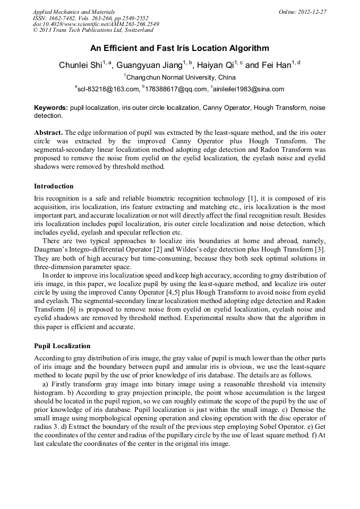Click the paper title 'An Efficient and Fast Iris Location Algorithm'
(x=179, y=48)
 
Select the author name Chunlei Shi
(x=80, y=65)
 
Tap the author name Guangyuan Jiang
(x=150, y=65)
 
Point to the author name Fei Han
(x=276, y=65)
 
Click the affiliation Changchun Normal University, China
(x=180, y=77)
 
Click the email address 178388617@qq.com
(x=173, y=89)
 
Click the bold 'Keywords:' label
(x=51, y=108)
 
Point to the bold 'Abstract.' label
(x=49, y=132)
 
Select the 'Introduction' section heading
(x=54, y=186)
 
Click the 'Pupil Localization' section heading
(x=62, y=346)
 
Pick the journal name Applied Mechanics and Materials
(x=73, y=12)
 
